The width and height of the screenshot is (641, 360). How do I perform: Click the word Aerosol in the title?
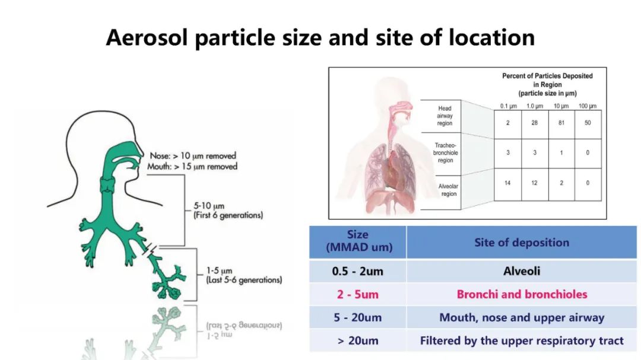click(147, 37)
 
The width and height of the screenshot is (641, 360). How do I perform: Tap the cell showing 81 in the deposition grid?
click(561, 123)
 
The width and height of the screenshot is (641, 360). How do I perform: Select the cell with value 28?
click(535, 123)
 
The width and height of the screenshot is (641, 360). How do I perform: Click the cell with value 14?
click(507, 183)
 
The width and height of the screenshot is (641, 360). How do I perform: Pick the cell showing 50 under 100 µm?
click(588, 123)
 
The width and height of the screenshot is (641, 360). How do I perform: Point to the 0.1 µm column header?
click(509, 106)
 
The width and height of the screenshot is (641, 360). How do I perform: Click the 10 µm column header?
click(561, 106)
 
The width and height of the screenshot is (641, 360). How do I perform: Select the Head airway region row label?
click(445, 116)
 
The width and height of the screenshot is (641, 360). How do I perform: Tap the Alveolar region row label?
click(448, 190)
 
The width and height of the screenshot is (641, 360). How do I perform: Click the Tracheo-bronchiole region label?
click(446, 153)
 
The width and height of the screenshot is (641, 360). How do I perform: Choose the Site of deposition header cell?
click(522, 243)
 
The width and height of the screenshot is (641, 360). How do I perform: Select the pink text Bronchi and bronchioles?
click(522, 294)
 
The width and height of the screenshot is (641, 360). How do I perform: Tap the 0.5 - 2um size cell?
click(358, 271)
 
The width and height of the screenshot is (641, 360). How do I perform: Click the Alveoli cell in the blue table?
click(522, 271)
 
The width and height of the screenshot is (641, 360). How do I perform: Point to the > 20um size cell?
click(358, 340)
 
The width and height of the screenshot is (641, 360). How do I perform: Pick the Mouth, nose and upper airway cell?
click(522, 317)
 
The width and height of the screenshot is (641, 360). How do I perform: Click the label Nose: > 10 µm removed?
click(193, 156)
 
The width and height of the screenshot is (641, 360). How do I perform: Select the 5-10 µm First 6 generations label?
click(228, 211)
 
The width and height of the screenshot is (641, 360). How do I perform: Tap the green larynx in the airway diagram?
click(108, 184)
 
